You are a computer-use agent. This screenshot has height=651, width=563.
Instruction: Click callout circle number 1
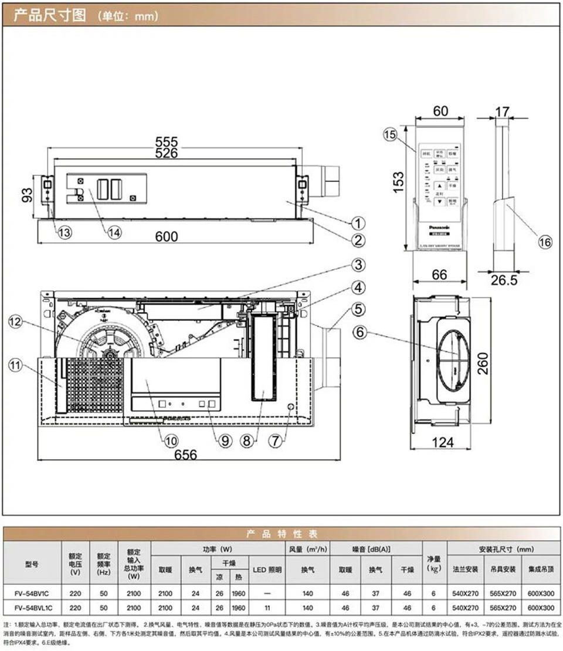pyautogui.click(x=358, y=223)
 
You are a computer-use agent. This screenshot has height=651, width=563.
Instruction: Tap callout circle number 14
pyautogui.click(x=114, y=232)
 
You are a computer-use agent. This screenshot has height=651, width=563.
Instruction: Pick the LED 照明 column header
pyautogui.click(x=267, y=569)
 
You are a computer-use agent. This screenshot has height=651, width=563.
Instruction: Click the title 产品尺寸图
pyautogui.click(x=50, y=15)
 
